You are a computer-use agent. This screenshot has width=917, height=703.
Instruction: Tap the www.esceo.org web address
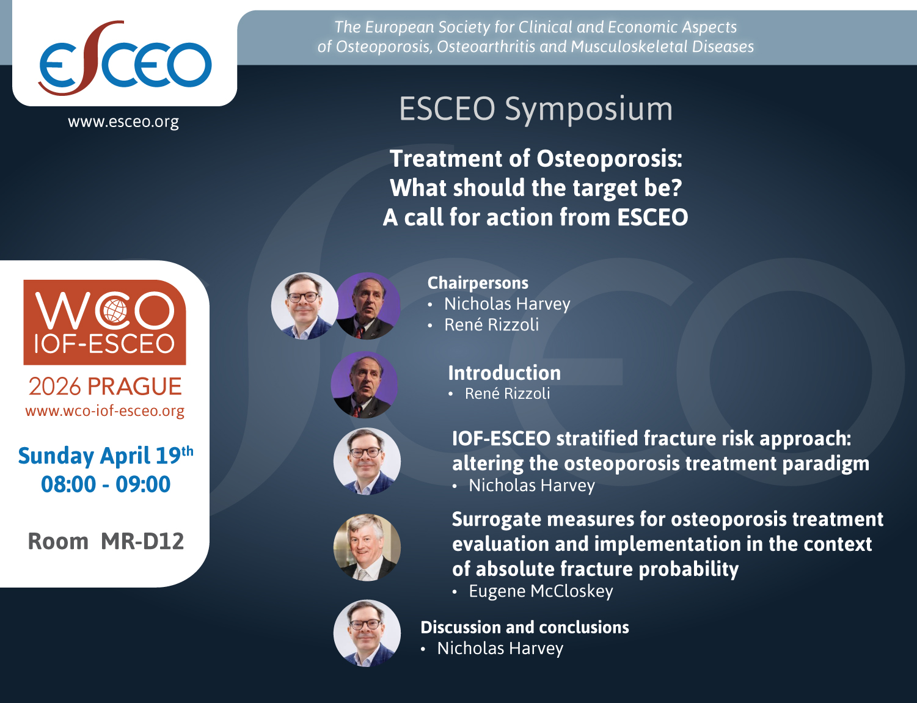[x=123, y=122]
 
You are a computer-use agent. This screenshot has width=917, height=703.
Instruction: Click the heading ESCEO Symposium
[x=536, y=109]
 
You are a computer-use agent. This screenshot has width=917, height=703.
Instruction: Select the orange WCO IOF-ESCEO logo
[x=104, y=322]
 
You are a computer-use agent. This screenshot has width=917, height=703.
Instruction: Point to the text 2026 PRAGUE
[x=105, y=387]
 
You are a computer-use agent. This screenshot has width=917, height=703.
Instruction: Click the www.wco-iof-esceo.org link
[x=104, y=411]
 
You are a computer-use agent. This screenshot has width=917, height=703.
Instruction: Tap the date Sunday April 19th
[x=105, y=456]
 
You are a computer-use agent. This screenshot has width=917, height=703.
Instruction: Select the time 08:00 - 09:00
[x=106, y=484]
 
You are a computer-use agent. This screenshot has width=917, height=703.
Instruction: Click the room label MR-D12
[x=142, y=541]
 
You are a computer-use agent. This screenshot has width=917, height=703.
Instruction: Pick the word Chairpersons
[x=478, y=283]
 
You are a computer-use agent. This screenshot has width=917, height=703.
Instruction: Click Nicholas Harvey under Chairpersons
[x=507, y=304]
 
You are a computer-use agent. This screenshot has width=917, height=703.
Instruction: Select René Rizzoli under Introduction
[x=507, y=394]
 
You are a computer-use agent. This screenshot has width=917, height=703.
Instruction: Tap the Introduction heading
[x=504, y=373]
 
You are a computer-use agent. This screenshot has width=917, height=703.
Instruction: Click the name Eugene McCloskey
[x=541, y=591]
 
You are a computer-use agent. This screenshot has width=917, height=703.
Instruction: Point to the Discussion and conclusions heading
[x=525, y=627]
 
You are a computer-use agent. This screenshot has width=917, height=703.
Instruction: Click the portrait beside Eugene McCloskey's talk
[x=367, y=547]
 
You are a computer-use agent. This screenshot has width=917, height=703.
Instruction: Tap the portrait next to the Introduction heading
[x=364, y=385]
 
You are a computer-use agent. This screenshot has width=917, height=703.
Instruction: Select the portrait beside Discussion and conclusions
[x=367, y=633]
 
